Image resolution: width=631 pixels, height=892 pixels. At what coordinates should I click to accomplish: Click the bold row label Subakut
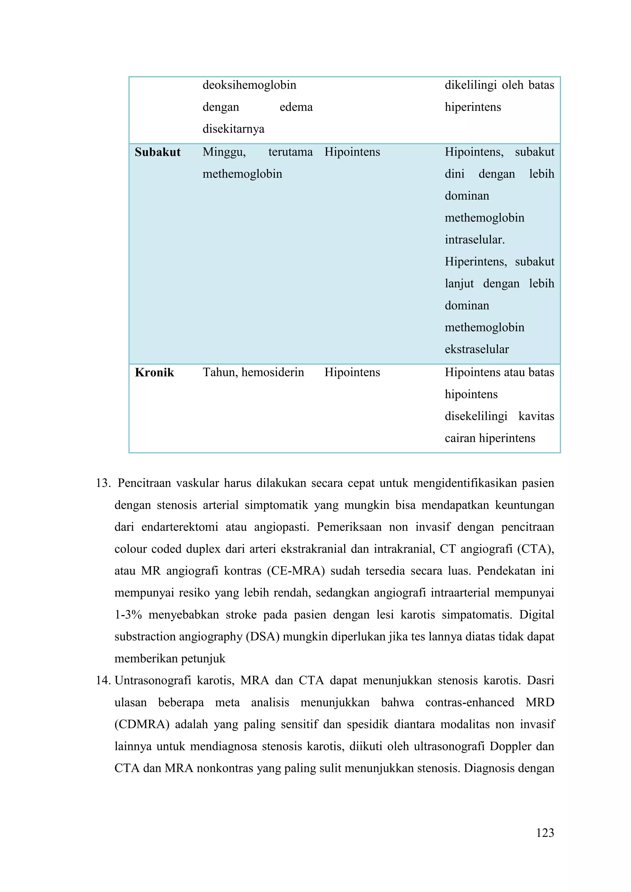[157, 152]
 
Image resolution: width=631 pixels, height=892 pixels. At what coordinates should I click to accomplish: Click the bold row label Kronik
[154, 373]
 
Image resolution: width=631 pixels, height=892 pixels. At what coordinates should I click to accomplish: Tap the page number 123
[545, 833]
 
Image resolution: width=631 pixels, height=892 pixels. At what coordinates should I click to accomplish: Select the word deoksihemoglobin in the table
[249, 85]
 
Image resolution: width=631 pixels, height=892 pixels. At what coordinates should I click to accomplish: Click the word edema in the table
[296, 107]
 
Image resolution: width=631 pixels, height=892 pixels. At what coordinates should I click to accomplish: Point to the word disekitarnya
[233, 129]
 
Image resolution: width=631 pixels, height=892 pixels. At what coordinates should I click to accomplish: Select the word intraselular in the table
[474, 240]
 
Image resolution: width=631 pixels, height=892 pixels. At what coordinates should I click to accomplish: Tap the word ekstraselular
[477, 349]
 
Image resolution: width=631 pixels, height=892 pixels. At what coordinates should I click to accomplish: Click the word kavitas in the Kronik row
[536, 416]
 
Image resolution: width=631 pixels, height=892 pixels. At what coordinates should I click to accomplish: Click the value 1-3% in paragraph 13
[128, 614]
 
